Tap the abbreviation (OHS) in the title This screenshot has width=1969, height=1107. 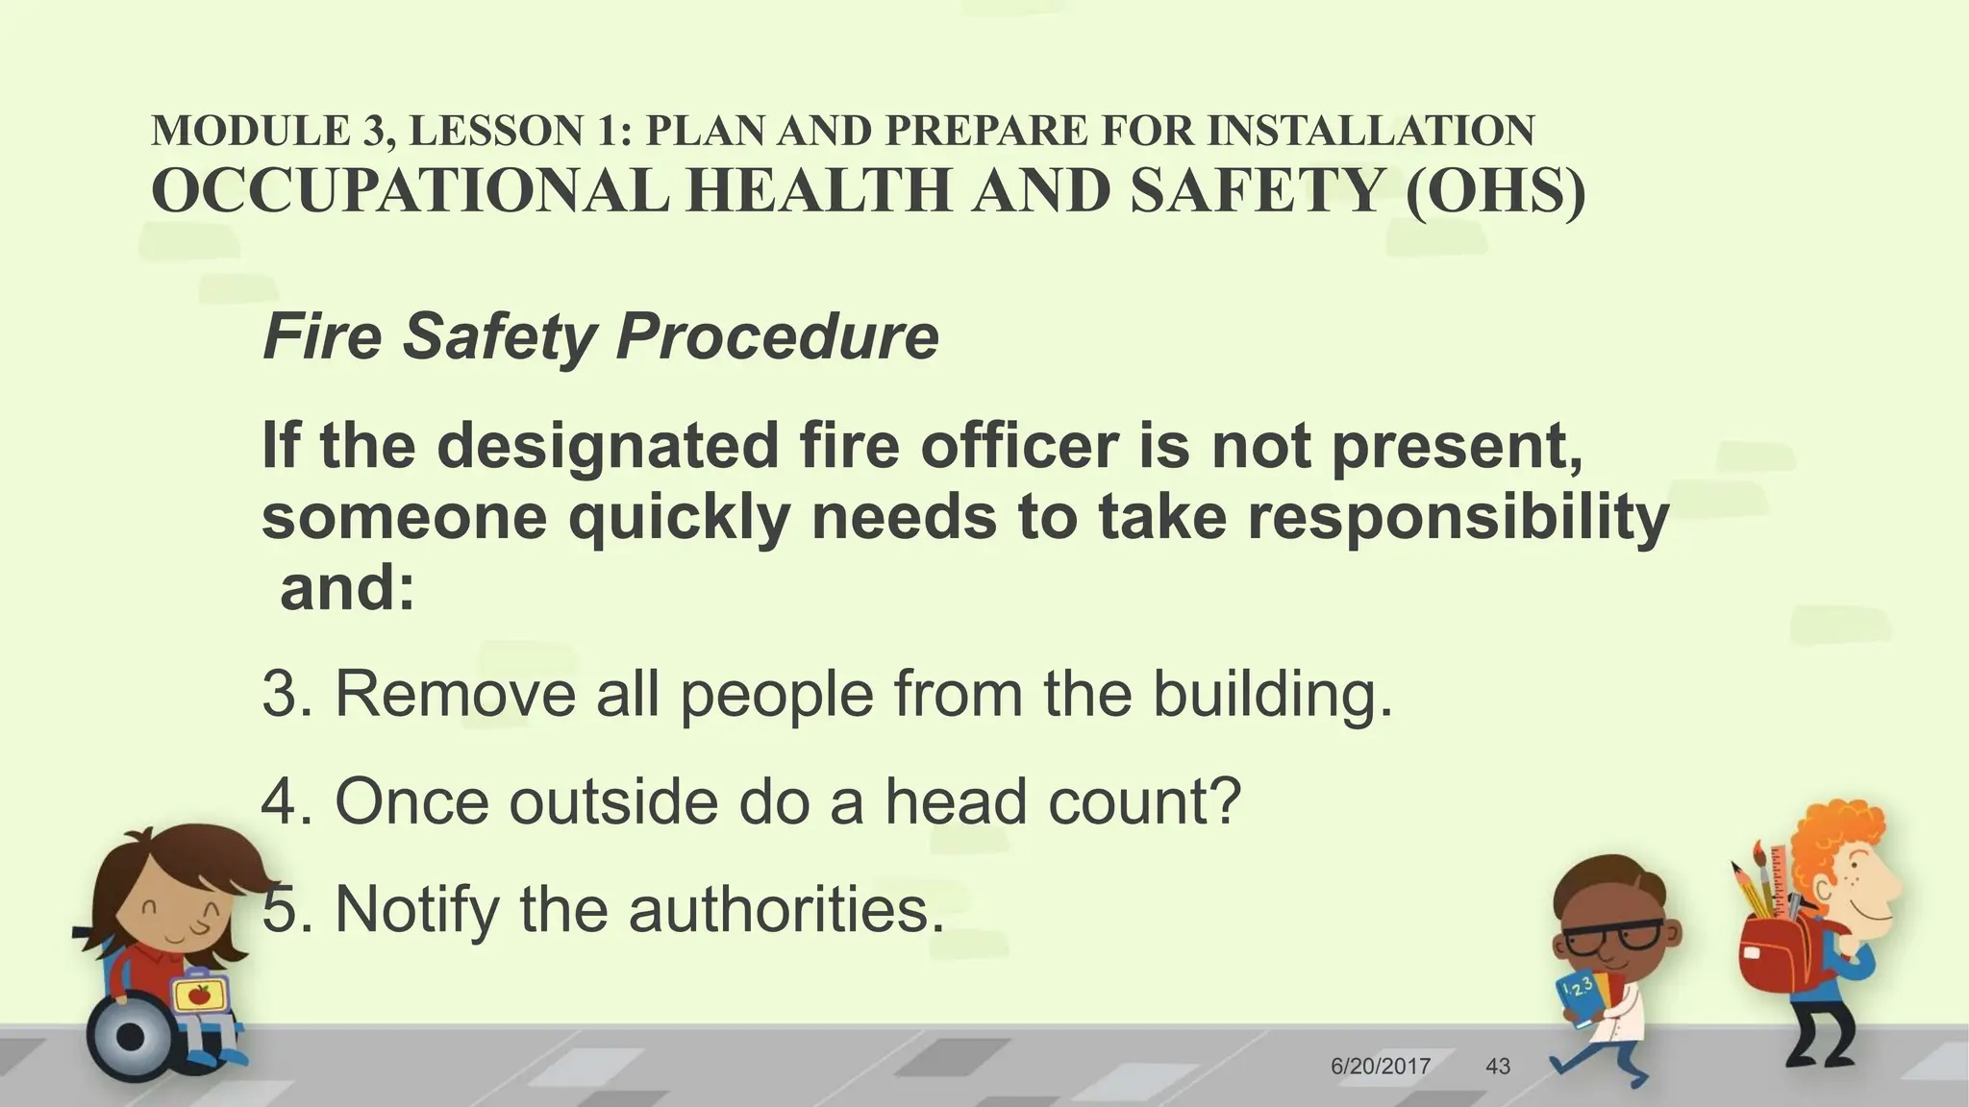point(1495,190)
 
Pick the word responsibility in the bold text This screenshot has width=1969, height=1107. point(1458,517)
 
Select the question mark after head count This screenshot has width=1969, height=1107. point(1224,801)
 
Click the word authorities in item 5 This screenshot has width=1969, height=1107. point(779,909)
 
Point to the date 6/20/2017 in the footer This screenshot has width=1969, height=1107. point(1381,1066)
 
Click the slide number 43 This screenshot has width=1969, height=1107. point(1498,1066)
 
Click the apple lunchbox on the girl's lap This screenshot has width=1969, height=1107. point(199,995)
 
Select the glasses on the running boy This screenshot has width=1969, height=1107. point(1611,936)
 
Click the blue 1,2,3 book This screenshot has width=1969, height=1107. point(1578,999)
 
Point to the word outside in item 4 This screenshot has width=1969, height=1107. point(612,801)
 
